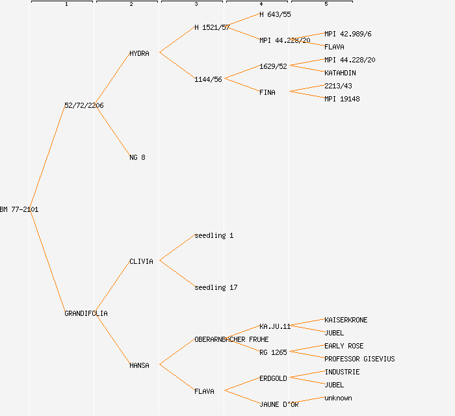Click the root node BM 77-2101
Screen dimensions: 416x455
(x=19, y=209)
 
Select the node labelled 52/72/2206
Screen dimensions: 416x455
(x=84, y=105)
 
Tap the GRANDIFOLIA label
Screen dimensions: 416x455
(x=86, y=313)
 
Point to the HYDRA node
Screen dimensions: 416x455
(x=139, y=53)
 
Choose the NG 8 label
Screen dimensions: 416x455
(x=137, y=157)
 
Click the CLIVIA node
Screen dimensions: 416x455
(x=141, y=261)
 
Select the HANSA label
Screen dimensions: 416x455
(x=139, y=365)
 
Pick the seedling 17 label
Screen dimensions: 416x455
(x=216, y=287)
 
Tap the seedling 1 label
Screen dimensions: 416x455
(x=214, y=235)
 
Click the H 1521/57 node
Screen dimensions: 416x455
(x=212, y=27)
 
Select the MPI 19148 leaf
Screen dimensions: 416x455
(x=342, y=99)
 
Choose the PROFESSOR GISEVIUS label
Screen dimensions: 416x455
(x=359, y=359)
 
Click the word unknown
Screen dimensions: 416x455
(x=338, y=398)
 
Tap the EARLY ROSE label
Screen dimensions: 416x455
(x=344, y=346)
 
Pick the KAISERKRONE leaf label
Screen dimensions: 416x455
(x=346, y=320)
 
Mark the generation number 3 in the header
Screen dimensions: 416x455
(x=196, y=5)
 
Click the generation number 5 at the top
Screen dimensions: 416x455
(x=326, y=5)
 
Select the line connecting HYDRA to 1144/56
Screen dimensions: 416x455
(x=177, y=66)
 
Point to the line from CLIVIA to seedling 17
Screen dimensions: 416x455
(x=177, y=274)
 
